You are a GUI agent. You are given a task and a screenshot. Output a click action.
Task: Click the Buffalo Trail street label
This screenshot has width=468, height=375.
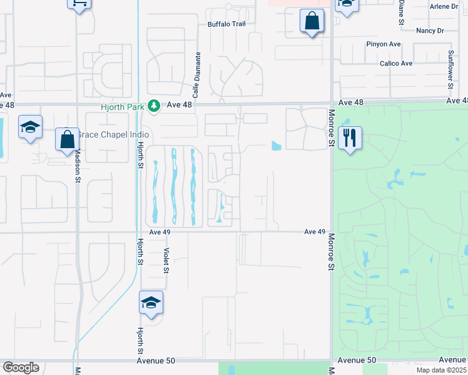(x=226, y=24)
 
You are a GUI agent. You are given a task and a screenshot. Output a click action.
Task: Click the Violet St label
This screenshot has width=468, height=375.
(x=166, y=259)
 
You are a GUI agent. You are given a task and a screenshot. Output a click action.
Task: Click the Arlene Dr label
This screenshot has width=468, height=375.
(x=444, y=6)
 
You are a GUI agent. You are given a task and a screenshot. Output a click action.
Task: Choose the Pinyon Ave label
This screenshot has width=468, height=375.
(x=384, y=44)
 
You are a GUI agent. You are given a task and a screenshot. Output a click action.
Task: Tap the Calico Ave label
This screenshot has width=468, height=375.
(x=396, y=63)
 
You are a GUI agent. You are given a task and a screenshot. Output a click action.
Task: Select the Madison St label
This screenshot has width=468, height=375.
(x=78, y=166)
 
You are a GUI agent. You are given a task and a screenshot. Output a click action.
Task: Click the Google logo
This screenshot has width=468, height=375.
(x=21, y=367)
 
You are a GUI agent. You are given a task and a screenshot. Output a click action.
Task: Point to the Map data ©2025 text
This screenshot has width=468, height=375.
(x=441, y=370)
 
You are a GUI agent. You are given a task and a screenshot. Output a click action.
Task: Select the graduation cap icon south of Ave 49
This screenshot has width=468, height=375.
(x=151, y=302)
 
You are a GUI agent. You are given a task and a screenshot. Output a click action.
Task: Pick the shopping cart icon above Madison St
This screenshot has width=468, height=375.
(x=79, y=3)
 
